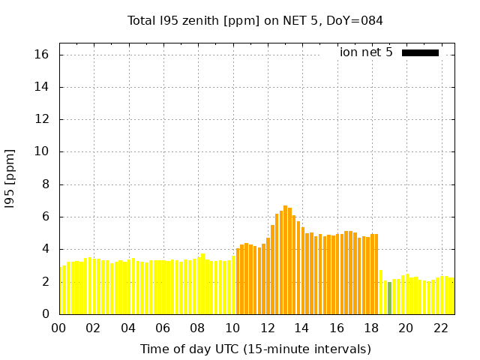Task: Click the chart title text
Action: click(255, 20)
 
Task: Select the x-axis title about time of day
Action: click(255, 349)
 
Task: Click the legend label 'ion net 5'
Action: click(366, 52)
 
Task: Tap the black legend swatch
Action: click(420, 52)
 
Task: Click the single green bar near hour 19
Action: click(389, 298)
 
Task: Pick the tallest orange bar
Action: click(285, 259)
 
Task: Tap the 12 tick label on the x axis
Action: click(267, 328)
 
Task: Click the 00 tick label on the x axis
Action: click(58, 328)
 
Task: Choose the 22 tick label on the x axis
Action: click(441, 328)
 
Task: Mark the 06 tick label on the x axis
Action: click(163, 328)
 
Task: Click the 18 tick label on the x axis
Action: click(371, 328)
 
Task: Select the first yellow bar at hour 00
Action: click(61, 290)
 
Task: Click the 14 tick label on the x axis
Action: click(301, 328)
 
